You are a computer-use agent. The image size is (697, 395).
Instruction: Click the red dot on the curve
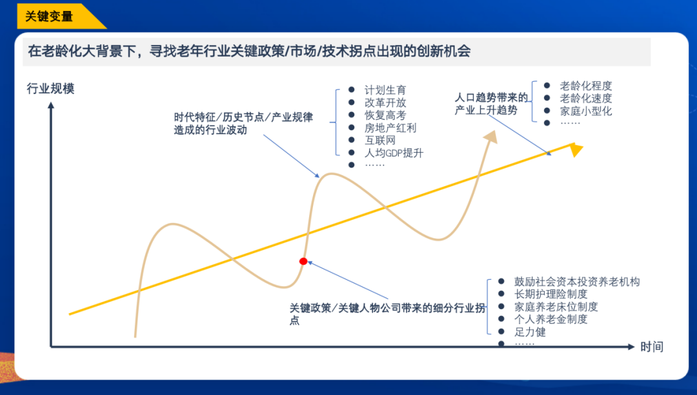pyautogui.click(x=303, y=261)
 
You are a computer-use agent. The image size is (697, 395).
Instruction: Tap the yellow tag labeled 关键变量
pyautogui.click(x=50, y=16)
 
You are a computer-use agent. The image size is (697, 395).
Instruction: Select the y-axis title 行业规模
pyautogui.click(x=50, y=88)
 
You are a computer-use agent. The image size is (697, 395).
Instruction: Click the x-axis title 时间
pyautogui.click(x=652, y=347)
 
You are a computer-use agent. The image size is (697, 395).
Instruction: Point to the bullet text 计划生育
pyautogui.click(x=385, y=90)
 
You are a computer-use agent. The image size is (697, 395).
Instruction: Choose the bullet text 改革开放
pyautogui.click(x=385, y=102)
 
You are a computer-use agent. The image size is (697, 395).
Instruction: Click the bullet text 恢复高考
pyautogui.click(x=385, y=115)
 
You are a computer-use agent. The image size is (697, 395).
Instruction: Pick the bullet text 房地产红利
pyautogui.click(x=390, y=128)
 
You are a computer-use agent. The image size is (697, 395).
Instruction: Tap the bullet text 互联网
pyautogui.click(x=380, y=140)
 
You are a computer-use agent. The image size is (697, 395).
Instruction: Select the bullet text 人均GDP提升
pyautogui.click(x=394, y=153)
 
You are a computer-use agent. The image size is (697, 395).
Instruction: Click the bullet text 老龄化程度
pyautogui.click(x=586, y=86)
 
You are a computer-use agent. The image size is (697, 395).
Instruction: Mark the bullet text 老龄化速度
pyautogui.click(x=586, y=99)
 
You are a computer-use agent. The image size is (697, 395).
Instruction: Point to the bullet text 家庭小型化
pyautogui.click(x=586, y=111)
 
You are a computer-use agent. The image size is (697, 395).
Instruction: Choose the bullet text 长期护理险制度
pyautogui.click(x=551, y=294)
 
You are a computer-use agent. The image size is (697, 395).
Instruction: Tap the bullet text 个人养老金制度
pyautogui.click(x=551, y=319)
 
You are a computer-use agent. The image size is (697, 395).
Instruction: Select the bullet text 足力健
pyautogui.click(x=530, y=332)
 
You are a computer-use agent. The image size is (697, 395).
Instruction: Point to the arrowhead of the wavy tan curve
pyautogui.click(x=492, y=137)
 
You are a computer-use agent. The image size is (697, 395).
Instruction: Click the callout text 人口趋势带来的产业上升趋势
pyautogui.click(x=491, y=104)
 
